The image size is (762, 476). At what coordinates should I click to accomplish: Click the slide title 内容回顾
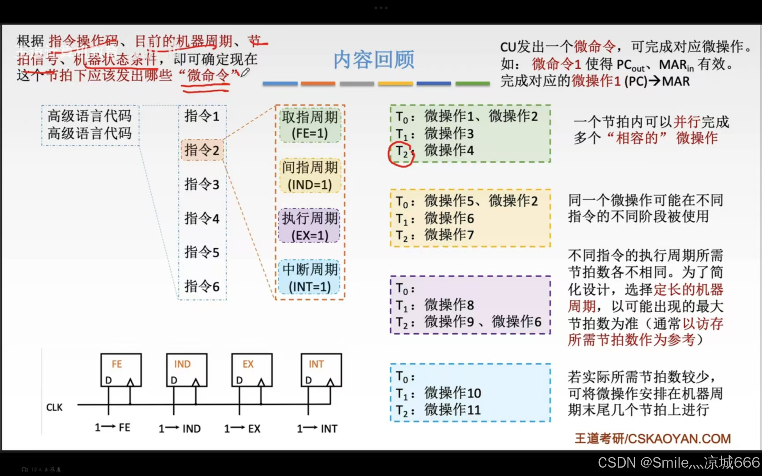coord(374,60)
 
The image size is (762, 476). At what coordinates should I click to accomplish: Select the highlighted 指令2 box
coord(202,150)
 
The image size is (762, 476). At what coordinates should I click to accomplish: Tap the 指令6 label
coord(202,286)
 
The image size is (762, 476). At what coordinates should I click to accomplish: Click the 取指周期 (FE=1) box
coord(310,125)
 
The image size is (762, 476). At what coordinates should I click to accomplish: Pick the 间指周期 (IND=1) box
coord(310,176)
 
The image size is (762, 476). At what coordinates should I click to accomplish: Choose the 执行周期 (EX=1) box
coord(310,227)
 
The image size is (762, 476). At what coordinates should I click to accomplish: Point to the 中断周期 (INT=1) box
coord(310,278)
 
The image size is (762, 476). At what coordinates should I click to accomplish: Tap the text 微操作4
coord(449,150)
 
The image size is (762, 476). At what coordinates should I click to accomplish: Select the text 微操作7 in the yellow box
coord(449,235)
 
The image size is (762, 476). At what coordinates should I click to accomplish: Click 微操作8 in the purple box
coord(449,305)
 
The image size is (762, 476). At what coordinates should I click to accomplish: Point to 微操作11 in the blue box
coord(452,410)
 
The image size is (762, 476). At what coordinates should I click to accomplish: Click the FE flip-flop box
coord(121,370)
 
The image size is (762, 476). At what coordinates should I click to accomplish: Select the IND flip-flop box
coord(187,370)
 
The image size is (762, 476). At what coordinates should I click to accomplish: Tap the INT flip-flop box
coord(321,370)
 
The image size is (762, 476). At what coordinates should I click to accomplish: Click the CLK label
coord(55,407)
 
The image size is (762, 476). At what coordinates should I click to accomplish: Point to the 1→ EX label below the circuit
coord(242,428)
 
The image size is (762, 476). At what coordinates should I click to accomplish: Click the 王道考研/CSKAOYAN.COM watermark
coord(653,439)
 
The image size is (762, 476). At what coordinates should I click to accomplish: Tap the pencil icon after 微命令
coord(245,72)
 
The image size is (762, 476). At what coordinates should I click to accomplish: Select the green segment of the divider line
coord(472,83)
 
